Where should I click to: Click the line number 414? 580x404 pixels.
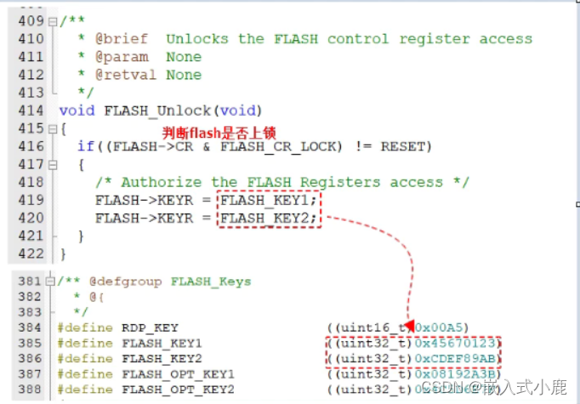click(x=31, y=111)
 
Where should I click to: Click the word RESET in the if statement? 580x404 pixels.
click(x=406, y=146)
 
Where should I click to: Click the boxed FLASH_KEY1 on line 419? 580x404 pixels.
click(x=269, y=201)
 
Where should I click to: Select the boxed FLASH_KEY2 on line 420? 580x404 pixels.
click(x=269, y=219)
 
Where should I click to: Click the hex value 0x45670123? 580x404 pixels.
click(x=457, y=343)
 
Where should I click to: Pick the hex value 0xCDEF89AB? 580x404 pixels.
click(x=457, y=359)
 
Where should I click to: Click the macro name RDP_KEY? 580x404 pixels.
click(x=150, y=327)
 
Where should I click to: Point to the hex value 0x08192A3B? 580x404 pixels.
click(x=457, y=374)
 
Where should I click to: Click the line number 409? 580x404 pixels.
click(x=31, y=21)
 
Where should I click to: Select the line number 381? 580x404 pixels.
click(x=31, y=281)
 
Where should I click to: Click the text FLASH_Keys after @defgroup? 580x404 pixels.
click(x=211, y=281)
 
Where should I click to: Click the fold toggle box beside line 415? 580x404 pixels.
click(x=52, y=128)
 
